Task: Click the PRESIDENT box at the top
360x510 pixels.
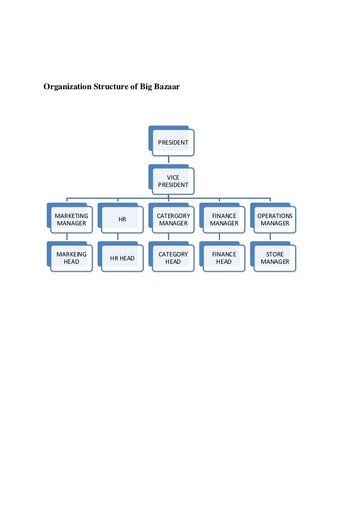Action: tap(173, 142)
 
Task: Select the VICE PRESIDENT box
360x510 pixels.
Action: tap(173, 181)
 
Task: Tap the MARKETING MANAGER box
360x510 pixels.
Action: tap(71, 219)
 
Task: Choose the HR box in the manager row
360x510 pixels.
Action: tap(122, 219)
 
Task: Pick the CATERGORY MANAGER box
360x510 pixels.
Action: tap(173, 219)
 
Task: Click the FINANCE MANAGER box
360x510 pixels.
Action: tap(223, 219)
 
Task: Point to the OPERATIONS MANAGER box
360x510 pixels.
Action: tap(274, 219)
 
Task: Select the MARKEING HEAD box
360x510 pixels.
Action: tap(71, 258)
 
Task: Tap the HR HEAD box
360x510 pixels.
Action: tap(122, 258)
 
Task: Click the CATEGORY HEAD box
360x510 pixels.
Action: tap(173, 258)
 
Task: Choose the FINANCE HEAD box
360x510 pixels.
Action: tap(223, 258)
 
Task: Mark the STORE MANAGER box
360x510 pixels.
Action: tap(274, 258)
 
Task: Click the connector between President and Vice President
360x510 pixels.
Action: tap(169, 160)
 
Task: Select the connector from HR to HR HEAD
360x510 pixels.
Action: tap(118, 237)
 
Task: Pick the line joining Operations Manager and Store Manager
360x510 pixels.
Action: tap(270, 237)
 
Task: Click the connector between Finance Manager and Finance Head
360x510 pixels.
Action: tap(219, 237)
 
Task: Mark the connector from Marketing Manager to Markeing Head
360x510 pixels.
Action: tap(67, 237)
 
